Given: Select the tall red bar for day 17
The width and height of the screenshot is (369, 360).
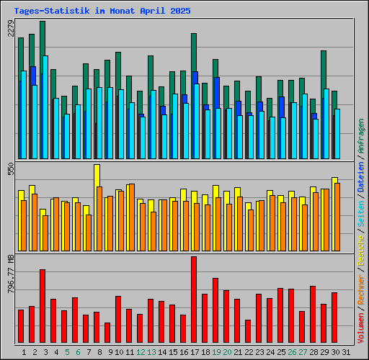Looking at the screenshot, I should [x=194, y=300].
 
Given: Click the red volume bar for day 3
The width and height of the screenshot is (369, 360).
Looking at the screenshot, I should [x=43, y=306].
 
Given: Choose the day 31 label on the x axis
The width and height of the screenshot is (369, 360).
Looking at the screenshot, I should [x=346, y=352].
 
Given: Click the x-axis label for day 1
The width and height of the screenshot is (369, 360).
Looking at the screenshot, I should [x=24, y=352].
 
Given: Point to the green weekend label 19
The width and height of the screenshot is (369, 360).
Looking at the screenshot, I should [x=215, y=352].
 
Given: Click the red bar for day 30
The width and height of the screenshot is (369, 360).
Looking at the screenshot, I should [x=334, y=318].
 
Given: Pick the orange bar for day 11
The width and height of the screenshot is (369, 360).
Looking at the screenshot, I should [x=132, y=209].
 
